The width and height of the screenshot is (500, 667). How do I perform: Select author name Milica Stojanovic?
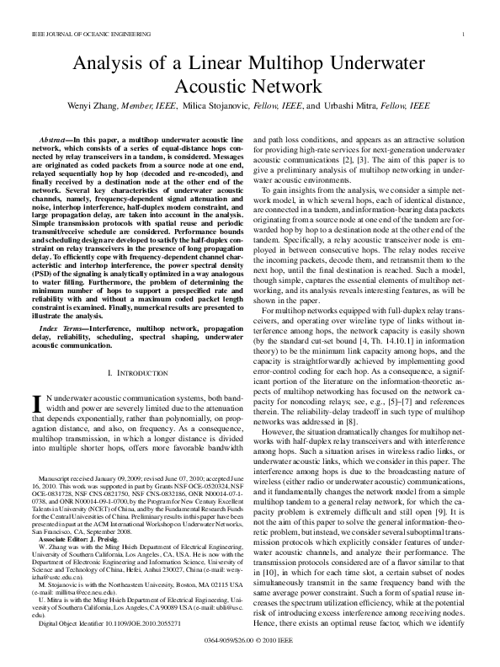pos(234,106)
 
